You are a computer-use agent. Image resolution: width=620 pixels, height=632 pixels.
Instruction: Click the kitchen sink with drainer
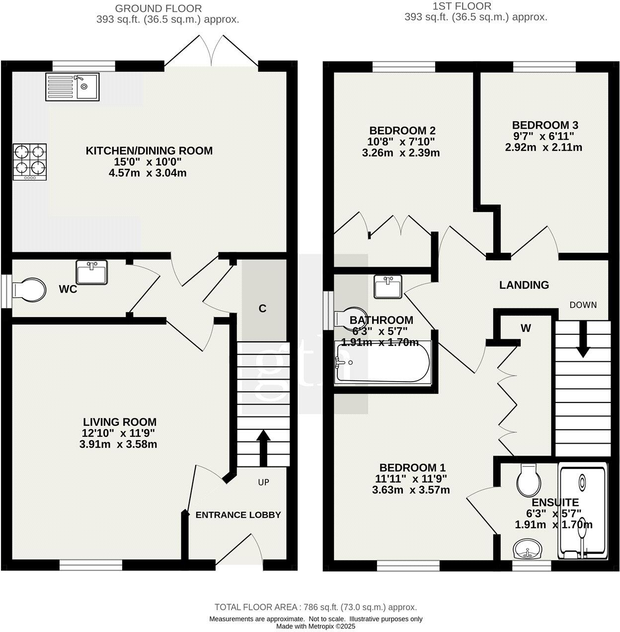coord(73,87)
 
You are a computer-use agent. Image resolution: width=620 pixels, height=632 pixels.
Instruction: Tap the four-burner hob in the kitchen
coord(30,161)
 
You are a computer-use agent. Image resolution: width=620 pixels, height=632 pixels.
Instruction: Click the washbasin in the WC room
coord(91,272)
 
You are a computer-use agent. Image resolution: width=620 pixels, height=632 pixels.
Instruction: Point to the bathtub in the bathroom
coord(383,363)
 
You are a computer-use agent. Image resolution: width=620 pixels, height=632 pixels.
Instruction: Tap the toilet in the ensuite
coord(528,479)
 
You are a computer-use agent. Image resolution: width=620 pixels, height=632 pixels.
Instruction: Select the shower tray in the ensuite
coord(582,509)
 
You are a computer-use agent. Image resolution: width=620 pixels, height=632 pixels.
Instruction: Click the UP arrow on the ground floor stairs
coord(263,447)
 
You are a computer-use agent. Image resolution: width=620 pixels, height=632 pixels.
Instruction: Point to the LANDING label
coord(524,285)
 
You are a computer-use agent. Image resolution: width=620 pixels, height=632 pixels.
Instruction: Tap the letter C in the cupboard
coord(262,309)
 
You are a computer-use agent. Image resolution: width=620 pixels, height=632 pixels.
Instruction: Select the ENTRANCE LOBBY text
coord(238,515)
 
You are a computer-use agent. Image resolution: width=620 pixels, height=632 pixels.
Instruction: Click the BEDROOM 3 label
coord(544,125)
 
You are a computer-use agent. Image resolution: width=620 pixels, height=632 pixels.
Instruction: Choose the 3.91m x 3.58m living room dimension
coord(118,444)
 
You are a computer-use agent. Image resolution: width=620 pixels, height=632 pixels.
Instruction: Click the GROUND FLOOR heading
coord(158,8)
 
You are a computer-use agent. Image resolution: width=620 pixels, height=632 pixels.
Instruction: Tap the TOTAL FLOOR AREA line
coord(315,607)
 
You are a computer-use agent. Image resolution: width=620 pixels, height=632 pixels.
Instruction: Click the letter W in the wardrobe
coord(526,328)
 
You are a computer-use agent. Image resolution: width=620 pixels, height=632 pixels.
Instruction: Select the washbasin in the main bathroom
coord(387,287)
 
